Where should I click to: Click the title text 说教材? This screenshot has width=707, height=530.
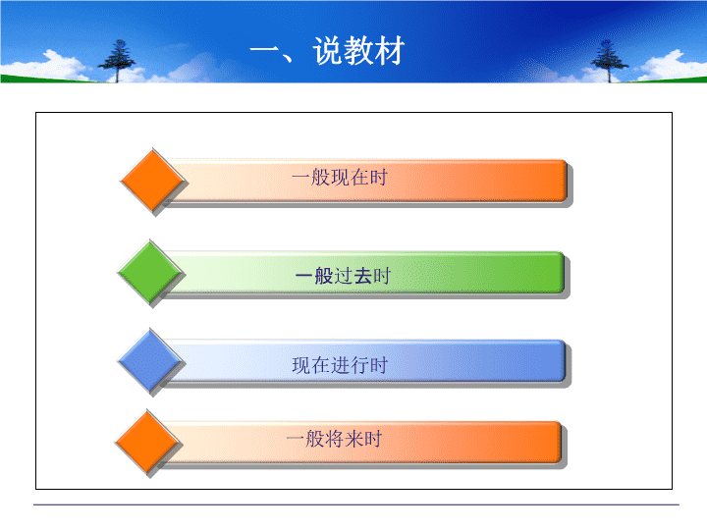(358, 50)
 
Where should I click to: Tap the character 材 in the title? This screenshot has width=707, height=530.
(390, 50)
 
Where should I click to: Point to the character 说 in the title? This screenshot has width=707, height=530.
(328, 50)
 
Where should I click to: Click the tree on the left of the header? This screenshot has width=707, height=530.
(117, 61)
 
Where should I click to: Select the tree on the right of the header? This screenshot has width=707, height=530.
(609, 61)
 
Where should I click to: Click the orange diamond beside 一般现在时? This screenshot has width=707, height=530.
(153, 181)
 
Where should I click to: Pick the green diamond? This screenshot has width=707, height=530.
(150, 272)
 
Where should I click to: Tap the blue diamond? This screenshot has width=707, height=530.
(150, 361)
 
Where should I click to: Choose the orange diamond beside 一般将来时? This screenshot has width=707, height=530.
(147, 442)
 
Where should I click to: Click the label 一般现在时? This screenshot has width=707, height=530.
(339, 177)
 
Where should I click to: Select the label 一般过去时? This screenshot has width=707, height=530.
(343, 276)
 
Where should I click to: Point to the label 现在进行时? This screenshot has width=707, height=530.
(340, 365)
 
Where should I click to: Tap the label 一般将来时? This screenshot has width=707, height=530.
(334, 439)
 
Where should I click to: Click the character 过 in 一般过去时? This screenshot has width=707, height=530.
(343, 276)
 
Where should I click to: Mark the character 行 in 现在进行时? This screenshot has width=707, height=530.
(359, 365)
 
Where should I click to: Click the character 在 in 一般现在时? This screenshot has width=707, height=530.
(359, 177)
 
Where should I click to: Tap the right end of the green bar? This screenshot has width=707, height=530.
(564, 272)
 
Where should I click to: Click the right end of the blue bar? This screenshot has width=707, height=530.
(565, 361)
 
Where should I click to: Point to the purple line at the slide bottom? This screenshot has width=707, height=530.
(356, 504)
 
